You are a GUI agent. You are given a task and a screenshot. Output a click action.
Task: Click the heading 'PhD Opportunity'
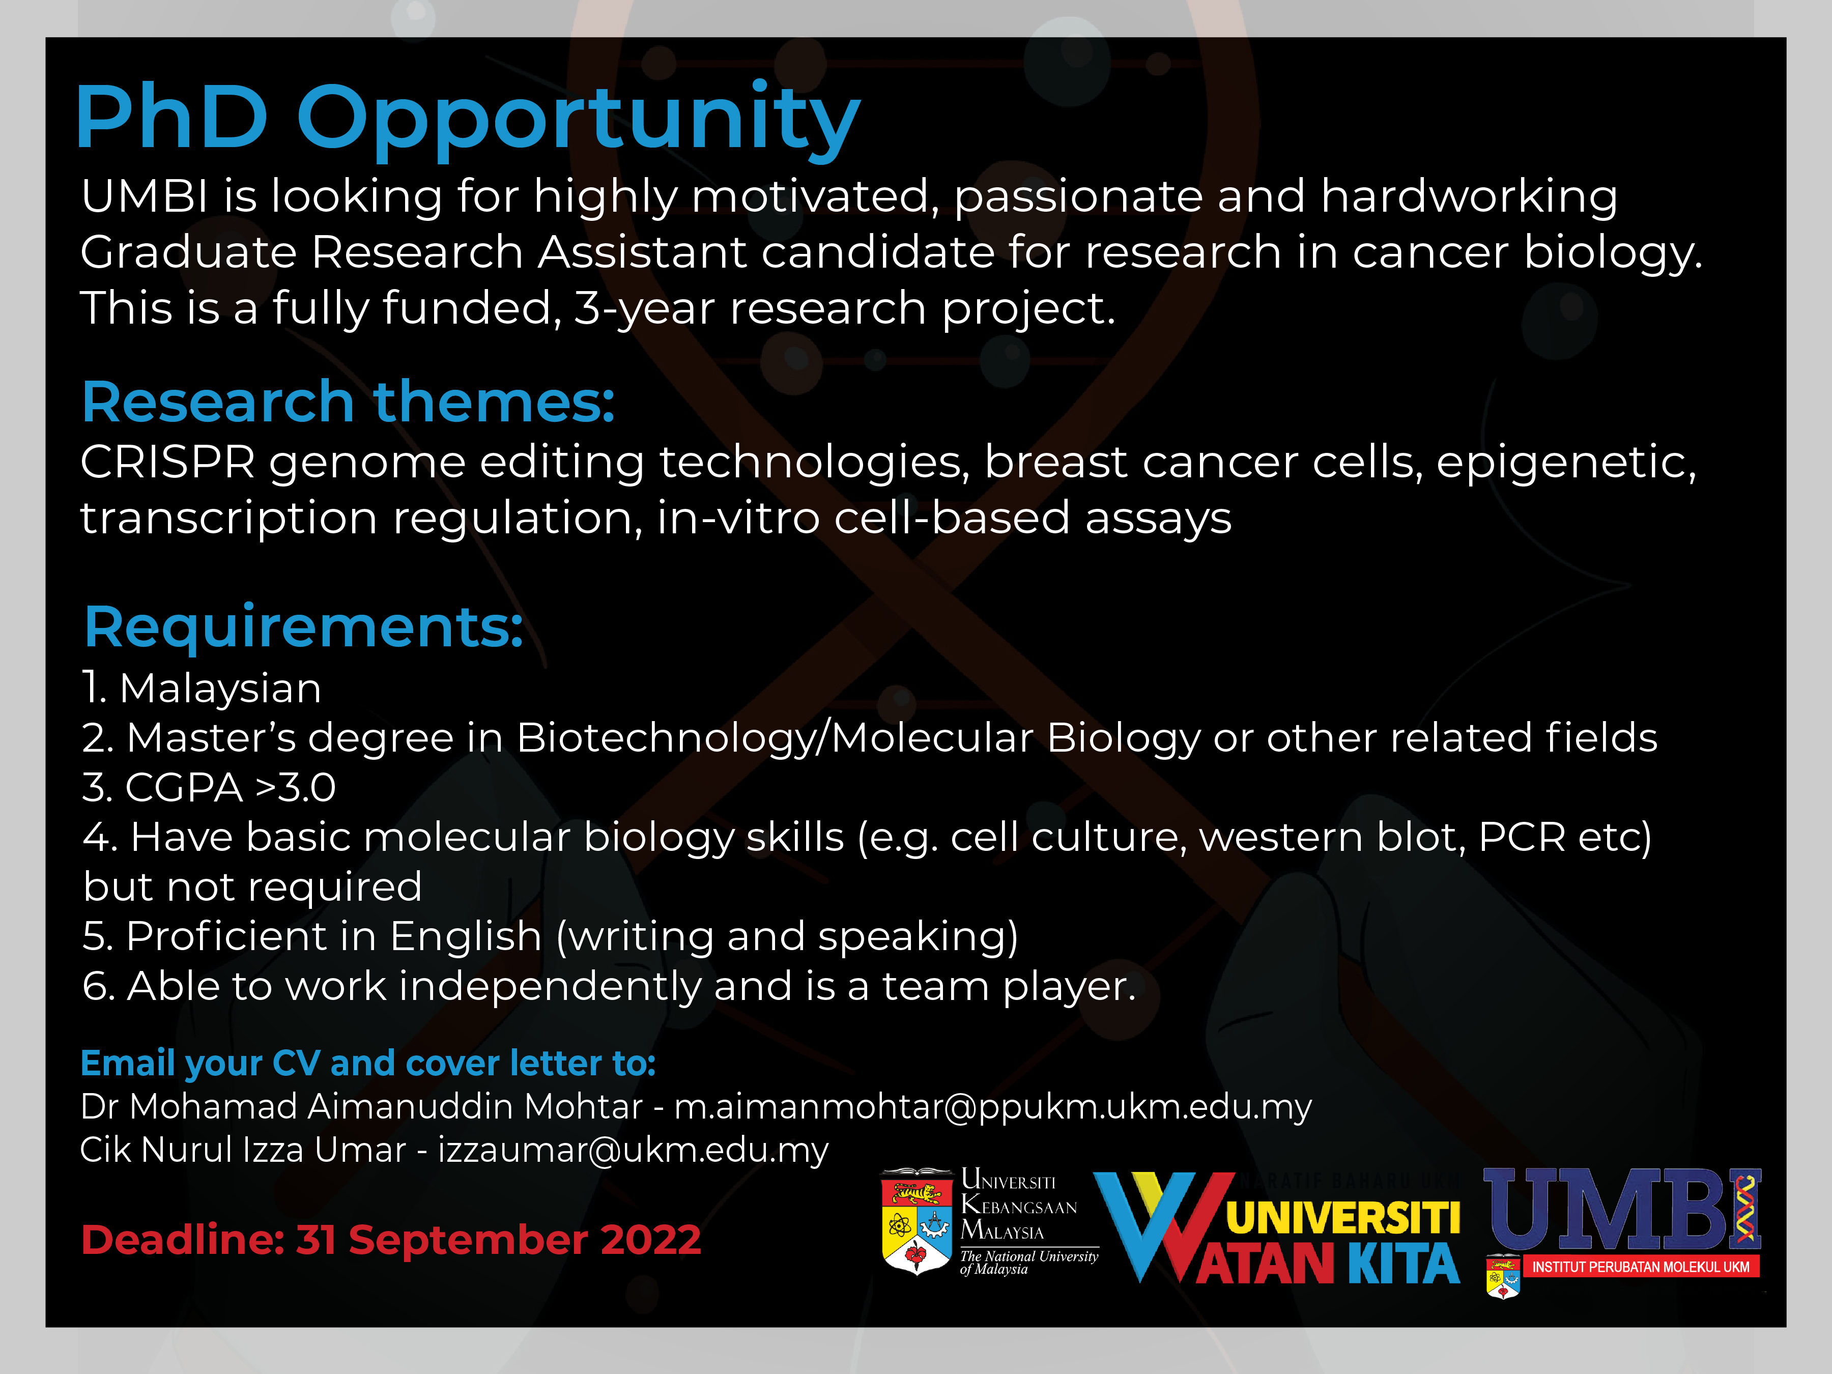coord(468,120)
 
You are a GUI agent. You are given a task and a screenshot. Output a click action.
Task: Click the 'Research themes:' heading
coord(349,403)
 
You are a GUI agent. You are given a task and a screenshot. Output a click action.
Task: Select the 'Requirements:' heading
coord(304,627)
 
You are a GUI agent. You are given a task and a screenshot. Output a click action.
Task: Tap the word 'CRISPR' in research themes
coord(168,462)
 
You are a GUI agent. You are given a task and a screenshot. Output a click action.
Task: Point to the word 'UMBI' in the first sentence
coord(144,197)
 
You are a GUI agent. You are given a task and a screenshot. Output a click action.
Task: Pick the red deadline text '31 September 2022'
coord(499,1240)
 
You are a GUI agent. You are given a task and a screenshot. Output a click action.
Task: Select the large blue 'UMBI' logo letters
coord(1622,1210)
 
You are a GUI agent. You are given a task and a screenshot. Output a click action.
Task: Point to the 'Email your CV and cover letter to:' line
coord(368,1064)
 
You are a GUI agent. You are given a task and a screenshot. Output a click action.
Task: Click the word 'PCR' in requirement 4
coord(1522,837)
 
